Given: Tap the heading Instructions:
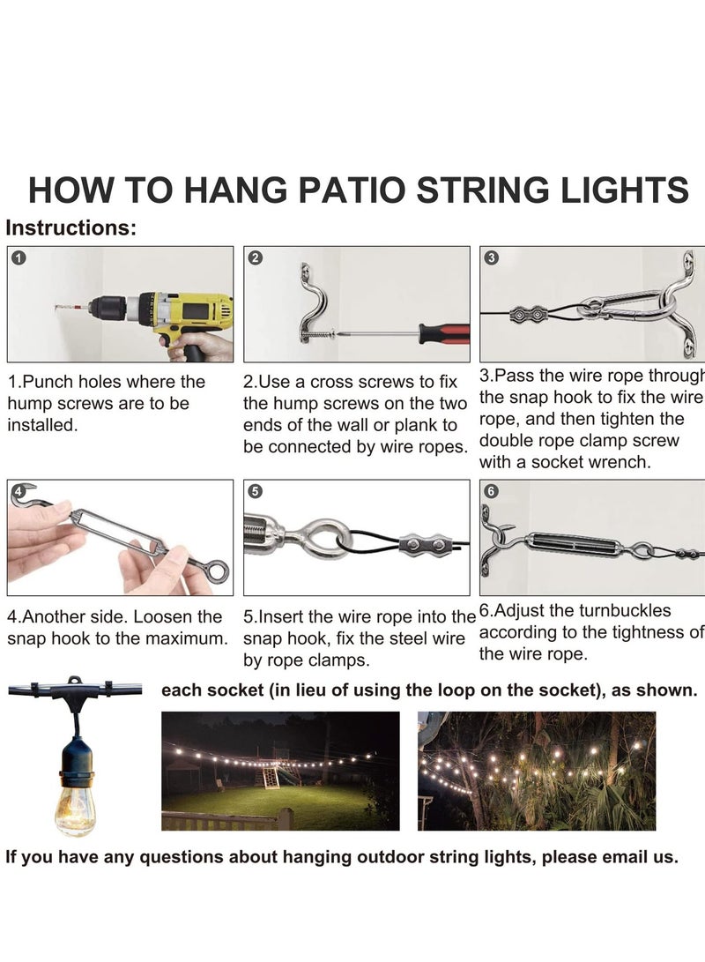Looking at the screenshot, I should (x=71, y=228).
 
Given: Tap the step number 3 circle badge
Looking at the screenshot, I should (x=491, y=258).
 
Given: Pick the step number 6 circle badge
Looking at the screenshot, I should (x=491, y=491).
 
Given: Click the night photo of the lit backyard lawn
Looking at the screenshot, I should (x=280, y=771).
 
